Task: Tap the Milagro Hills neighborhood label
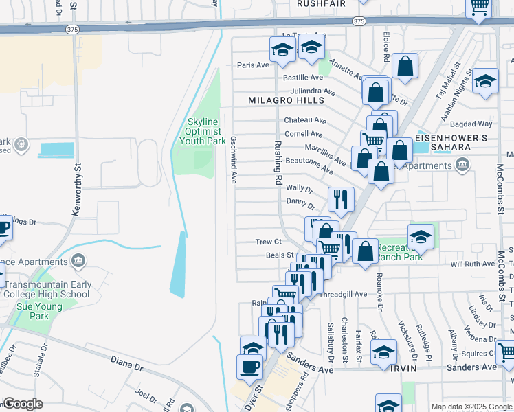286,100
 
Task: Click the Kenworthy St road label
78,189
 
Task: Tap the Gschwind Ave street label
234,159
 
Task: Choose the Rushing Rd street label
278,163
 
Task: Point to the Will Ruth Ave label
472,264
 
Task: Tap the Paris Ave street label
253,65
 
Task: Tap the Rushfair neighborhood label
320,3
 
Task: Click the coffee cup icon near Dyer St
249,365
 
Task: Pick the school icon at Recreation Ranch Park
421,236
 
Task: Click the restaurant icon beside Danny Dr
341,200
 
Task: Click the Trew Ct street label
269,242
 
